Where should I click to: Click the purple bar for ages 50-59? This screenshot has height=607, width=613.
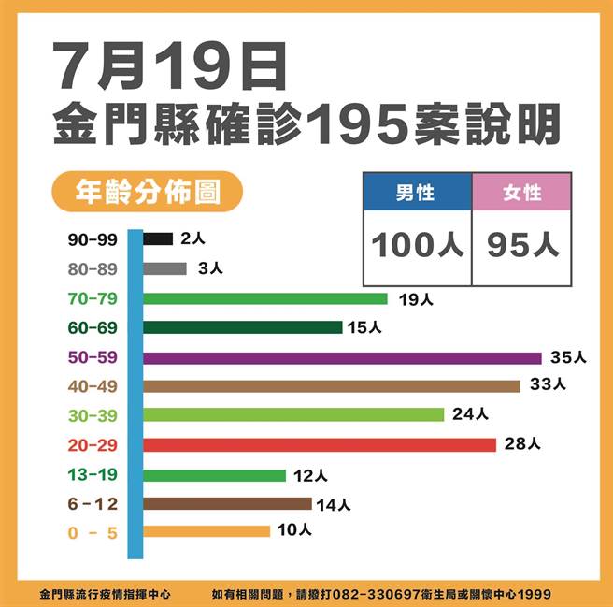coord(343,357)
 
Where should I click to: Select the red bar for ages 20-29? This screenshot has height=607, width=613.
coord(321,444)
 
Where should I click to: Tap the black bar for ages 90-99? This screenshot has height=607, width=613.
coord(159,238)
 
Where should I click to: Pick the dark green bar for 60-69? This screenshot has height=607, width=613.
coord(243,327)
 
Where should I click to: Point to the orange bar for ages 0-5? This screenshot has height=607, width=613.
coord(207,531)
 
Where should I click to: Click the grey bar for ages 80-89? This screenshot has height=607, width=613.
coord(165,268)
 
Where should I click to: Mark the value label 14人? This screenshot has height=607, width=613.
coord(334,505)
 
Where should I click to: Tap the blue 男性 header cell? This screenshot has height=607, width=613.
coord(417,193)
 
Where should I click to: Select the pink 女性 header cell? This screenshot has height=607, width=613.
coord(522,193)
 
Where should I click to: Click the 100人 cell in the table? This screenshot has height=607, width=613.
coord(417,245)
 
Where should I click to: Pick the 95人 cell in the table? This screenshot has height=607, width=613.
coord(522,245)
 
